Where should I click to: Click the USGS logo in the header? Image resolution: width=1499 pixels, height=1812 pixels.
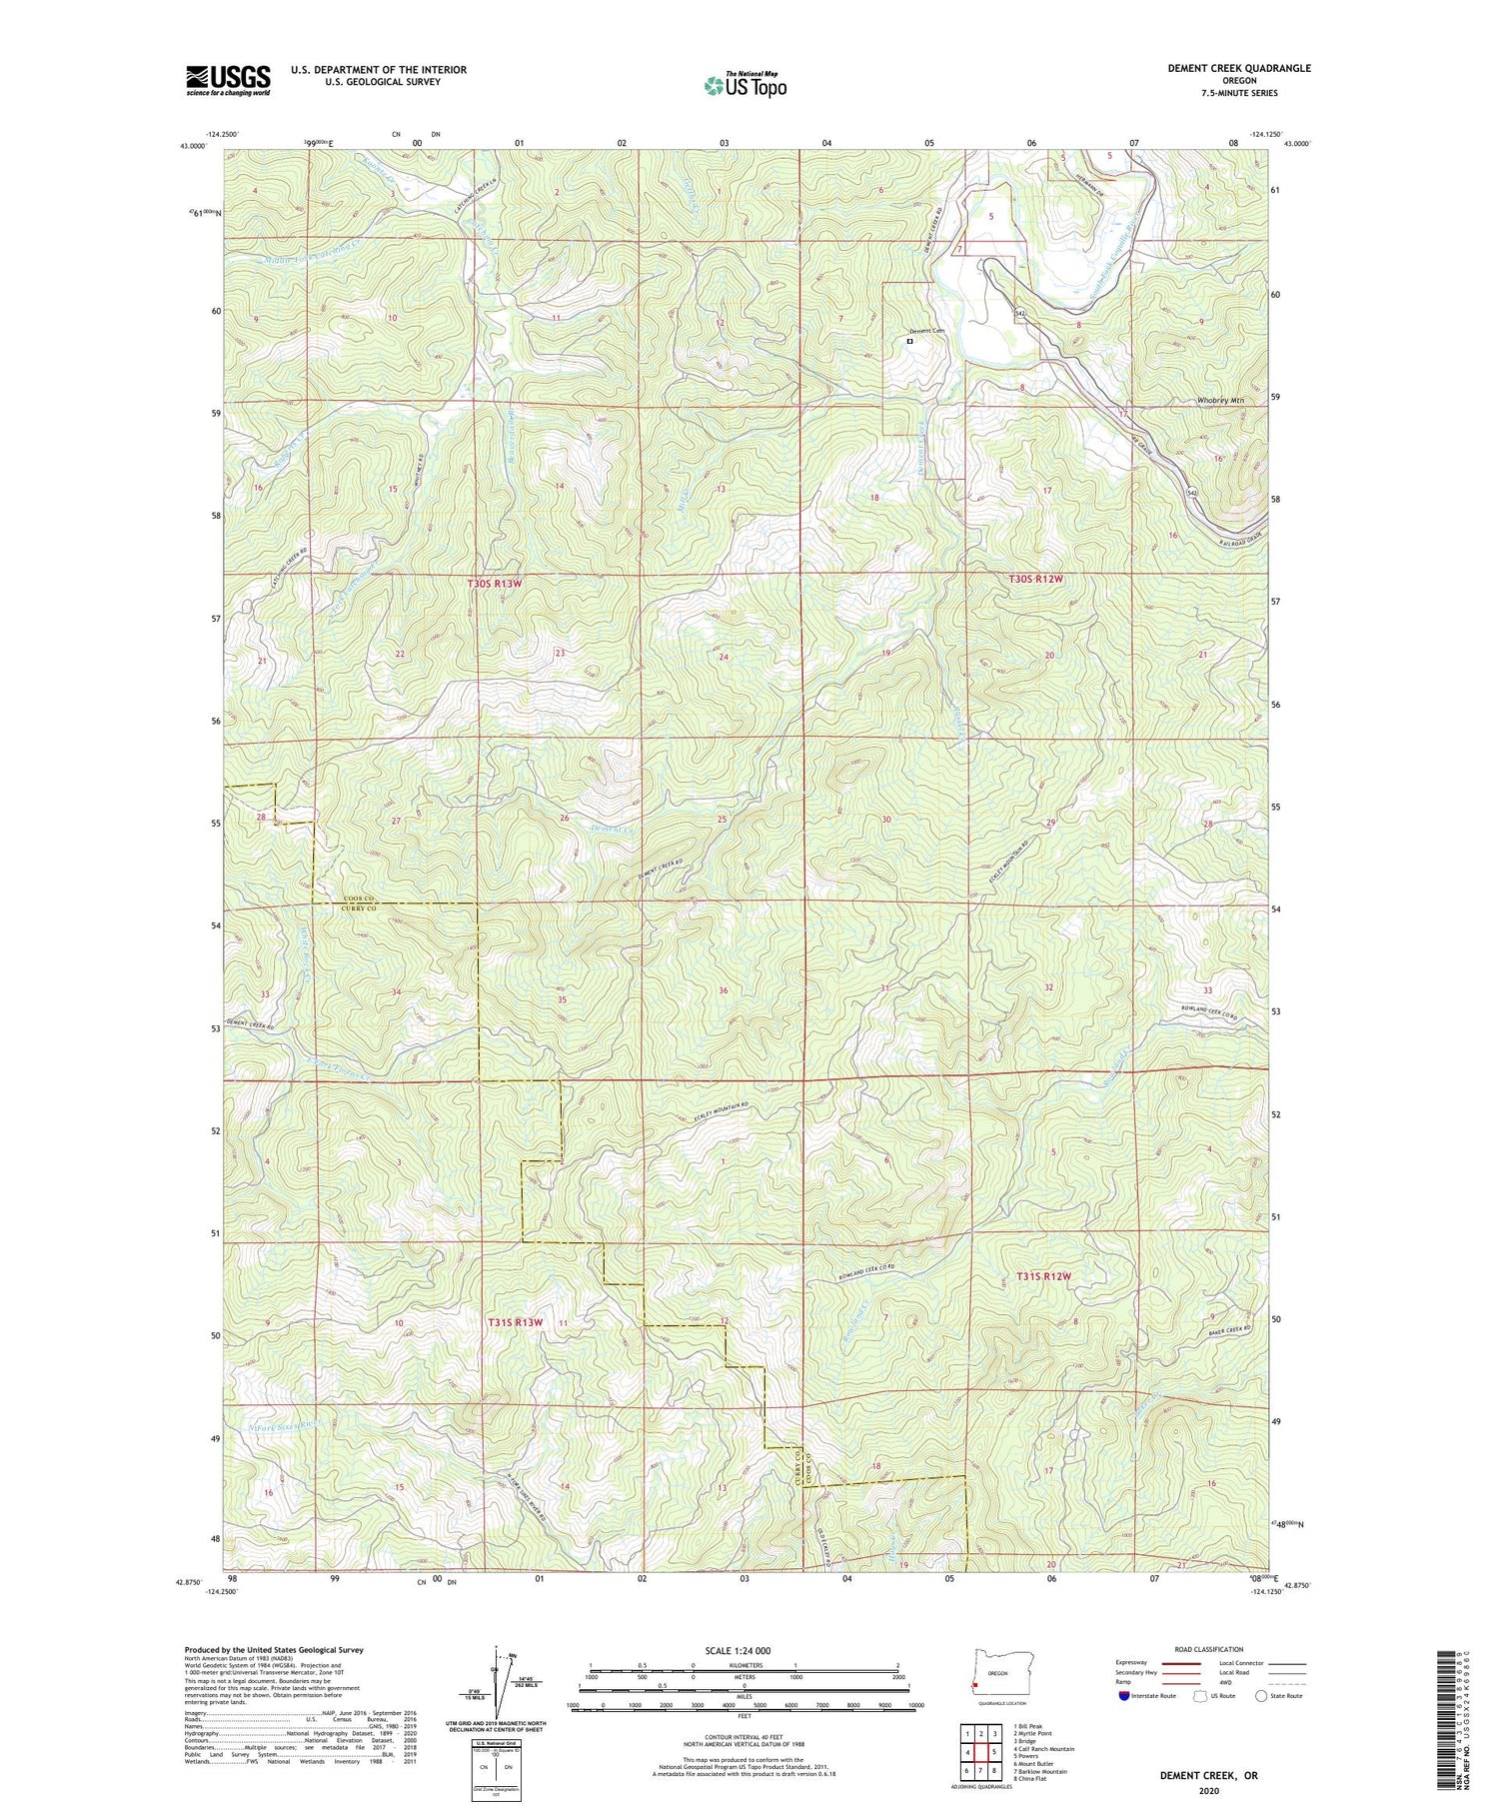228,80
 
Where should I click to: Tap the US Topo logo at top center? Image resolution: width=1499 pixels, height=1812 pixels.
745,86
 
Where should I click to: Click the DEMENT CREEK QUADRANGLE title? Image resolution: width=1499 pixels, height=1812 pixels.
1239,68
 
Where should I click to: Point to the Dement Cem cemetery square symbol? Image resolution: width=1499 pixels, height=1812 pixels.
909,341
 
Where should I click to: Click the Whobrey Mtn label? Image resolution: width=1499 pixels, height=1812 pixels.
1220,401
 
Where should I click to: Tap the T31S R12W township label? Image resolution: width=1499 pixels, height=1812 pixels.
1043,1276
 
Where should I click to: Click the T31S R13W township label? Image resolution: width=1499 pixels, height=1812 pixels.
515,1322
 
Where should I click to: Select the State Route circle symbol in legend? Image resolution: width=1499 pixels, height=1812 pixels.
1262,1695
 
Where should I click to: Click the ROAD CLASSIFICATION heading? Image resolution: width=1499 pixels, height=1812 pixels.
1209,1649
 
